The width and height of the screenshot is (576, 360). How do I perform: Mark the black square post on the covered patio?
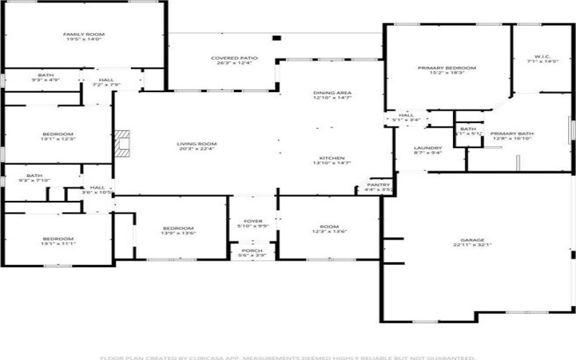click(x=276, y=39)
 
